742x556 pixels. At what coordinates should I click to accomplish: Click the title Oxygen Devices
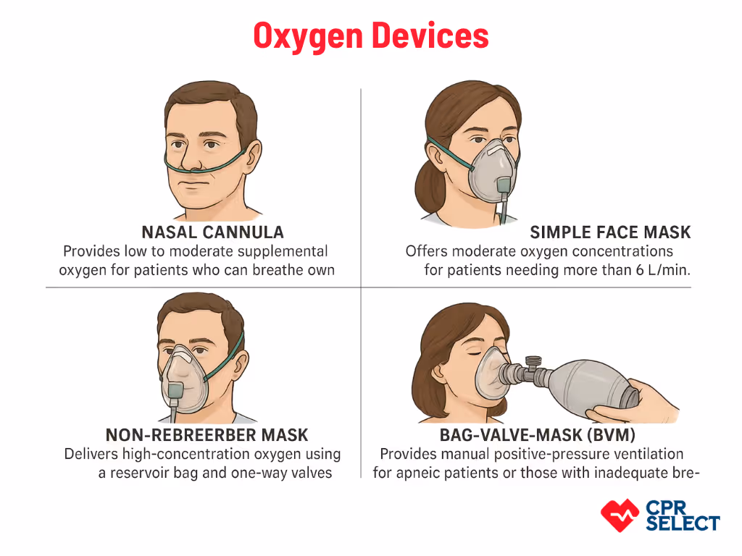(370, 35)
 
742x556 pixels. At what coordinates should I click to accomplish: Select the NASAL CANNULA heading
(212, 232)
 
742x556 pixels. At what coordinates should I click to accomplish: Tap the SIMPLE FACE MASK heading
(610, 232)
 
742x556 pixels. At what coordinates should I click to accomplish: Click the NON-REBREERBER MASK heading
(207, 435)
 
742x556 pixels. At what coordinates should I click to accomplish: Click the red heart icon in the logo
(620, 515)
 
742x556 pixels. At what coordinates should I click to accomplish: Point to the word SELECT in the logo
(682, 523)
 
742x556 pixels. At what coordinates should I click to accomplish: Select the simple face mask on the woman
(493, 170)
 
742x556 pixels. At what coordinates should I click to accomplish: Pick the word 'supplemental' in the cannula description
(282, 251)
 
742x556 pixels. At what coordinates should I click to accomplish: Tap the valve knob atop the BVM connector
(533, 359)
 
